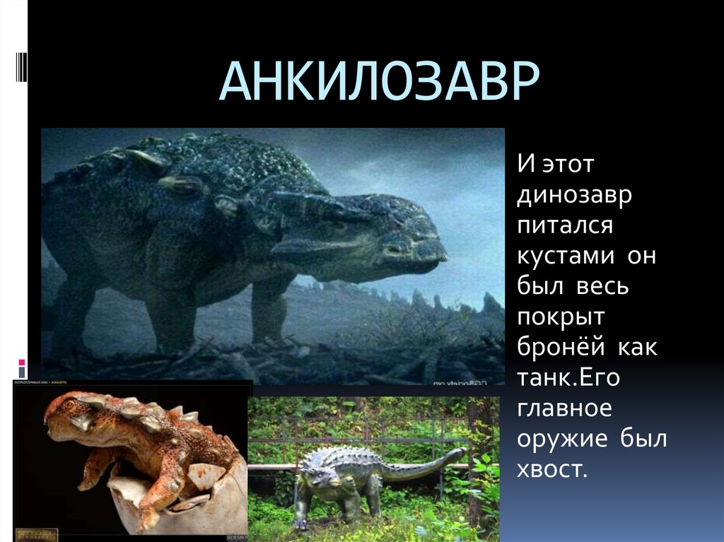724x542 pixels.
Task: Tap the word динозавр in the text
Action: [574, 196]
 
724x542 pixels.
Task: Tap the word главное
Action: [564, 408]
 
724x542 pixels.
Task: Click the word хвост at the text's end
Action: [551, 469]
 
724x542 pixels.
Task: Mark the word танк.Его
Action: [568, 378]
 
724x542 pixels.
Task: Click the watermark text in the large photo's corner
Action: [460, 382]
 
